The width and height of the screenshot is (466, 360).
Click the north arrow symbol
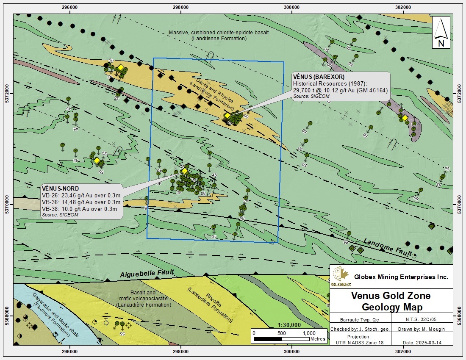(x=441, y=32)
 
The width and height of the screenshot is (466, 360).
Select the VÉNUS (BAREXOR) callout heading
(x=319, y=77)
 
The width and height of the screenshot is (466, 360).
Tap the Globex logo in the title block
(x=341, y=277)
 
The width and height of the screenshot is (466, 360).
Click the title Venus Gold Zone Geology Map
(x=391, y=301)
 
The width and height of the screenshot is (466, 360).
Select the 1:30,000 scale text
(x=289, y=325)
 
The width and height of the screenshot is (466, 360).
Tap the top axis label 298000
(x=181, y=7)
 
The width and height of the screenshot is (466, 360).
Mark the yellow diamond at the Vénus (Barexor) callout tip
(x=227, y=115)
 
